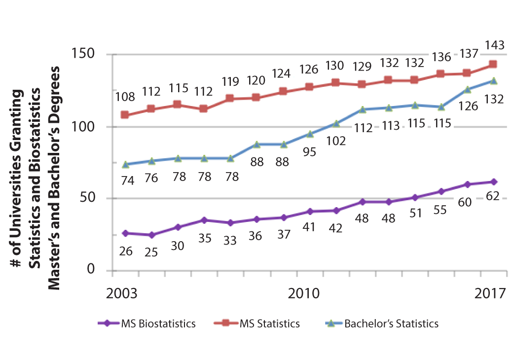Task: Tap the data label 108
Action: (x=125, y=97)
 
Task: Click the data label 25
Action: (x=151, y=252)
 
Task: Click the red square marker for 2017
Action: (x=493, y=64)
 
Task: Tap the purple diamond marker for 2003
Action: (x=125, y=233)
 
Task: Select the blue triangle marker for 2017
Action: (x=493, y=81)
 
